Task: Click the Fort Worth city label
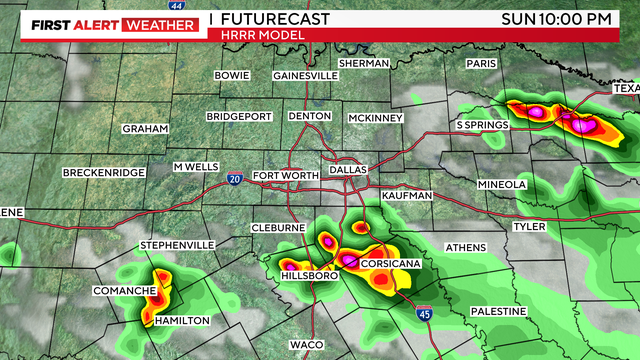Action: coord(286,177)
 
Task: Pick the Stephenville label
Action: coord(177,245)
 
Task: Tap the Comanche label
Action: coord(123,291)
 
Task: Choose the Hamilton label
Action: coord(181,320)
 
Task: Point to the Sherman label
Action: coord(363,63)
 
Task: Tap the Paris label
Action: coord(481,64)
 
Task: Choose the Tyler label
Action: coord(529,227)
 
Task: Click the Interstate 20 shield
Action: coord(232,178)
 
